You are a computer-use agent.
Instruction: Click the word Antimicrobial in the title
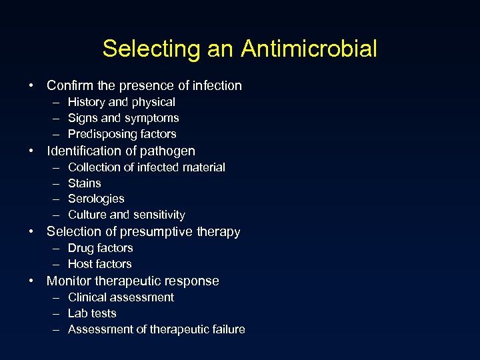[309, 49]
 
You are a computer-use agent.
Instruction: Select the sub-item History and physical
[121, 102]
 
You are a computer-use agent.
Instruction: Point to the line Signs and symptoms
[123, 118]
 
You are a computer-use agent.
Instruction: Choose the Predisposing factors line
[122, 134]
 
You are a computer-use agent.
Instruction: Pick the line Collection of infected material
[147, 167]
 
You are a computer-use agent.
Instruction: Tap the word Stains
[85, 183]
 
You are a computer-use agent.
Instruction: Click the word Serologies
[96, 199]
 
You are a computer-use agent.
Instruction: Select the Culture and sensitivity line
[127, 215]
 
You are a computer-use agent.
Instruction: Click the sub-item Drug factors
[101, 248]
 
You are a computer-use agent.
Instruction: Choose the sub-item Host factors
[100, 264]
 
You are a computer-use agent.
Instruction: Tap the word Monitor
[69, 281]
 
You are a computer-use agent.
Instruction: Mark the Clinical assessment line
[121, 297]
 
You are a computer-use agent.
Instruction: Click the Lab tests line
[92, 313]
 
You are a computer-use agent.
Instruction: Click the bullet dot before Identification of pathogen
[32, 151]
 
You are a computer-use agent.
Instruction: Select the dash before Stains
[54, 183]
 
